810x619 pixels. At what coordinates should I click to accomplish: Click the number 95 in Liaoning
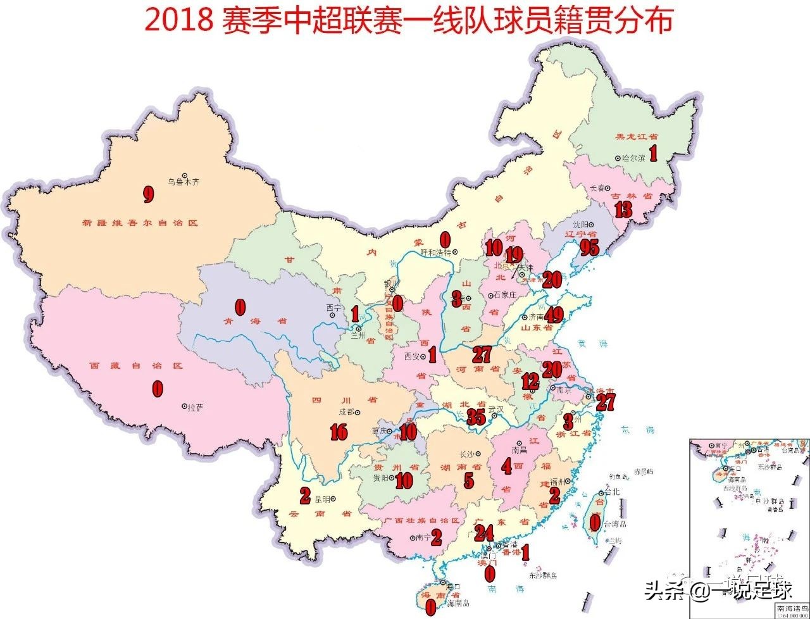tap(589, 248)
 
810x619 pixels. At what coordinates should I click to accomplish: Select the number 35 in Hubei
tap(475, 416)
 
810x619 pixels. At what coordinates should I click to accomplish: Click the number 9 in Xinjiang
tap(148, 194)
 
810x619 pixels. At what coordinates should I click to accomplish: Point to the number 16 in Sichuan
tap(339, 432)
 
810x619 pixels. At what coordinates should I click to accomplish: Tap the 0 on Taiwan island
tap(595, 522)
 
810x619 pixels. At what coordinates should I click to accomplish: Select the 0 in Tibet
tap(157, 389)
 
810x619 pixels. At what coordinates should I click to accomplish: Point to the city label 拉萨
tap(196, 408)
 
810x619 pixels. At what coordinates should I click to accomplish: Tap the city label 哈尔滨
tap(633, 158)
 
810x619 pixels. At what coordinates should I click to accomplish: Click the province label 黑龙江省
tap(636, 136)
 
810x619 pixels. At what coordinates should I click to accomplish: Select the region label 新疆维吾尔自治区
tap(140, 223)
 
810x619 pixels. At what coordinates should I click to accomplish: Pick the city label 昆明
tap(322, 498)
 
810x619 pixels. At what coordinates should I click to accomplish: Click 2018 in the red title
tap(180, 20)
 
